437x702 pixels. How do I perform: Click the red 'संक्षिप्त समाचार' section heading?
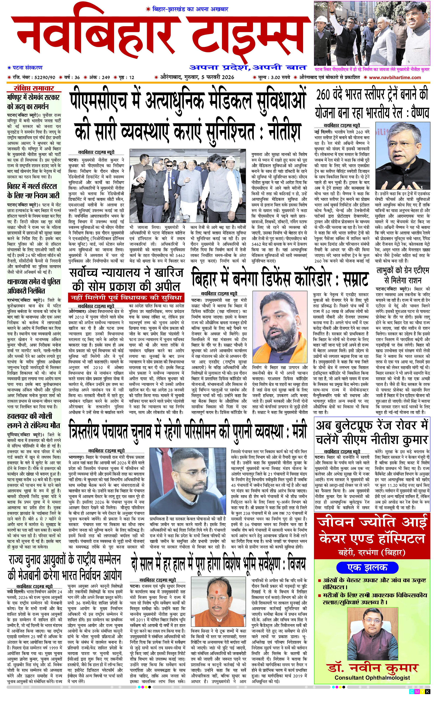[x=34, y=89]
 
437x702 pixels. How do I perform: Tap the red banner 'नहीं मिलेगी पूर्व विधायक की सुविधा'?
[x=127, y=297]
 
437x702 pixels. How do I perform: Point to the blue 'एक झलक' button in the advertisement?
[x=367, y=568]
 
